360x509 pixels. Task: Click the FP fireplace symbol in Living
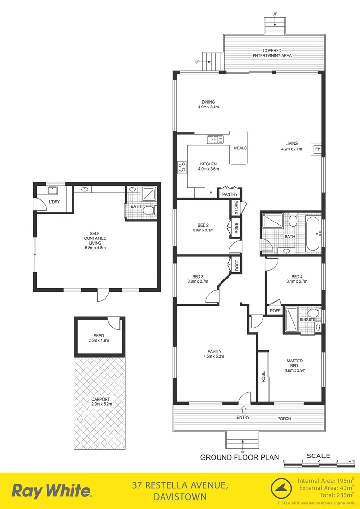[x=318, y=149]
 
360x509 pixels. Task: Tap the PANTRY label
[x=230, y=194]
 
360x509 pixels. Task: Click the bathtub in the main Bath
[x=313, y=233]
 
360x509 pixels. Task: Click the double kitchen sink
[x=215, y=139]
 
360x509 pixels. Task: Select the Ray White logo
[x=51, y=491]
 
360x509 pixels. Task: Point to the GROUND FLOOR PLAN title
[x=240, y=457]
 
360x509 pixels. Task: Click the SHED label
[x=98, y=336]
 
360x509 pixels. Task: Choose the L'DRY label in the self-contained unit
[x=56, y=202]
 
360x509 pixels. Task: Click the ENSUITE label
[x=308, y=320]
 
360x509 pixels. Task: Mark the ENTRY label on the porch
[x=243, y=417]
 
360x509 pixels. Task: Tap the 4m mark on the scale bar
[x=352, y=461]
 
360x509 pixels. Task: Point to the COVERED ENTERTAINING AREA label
[x=272, y=53]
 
